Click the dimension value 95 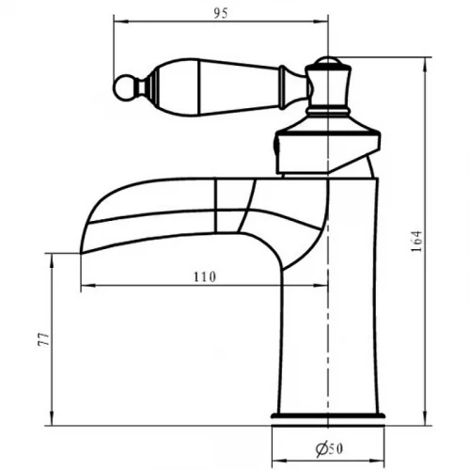[x=221, y=13]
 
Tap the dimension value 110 [x=205, y=276]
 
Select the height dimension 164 [x=417, y=242]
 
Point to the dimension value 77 [x=44, y=339]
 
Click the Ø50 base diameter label [x=329, y=448]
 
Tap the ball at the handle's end [x=125, y=87]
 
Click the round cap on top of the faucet [x=328, y=61]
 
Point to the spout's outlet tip [x=81, y=253]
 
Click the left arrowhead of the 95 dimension [x=120, y=22]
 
